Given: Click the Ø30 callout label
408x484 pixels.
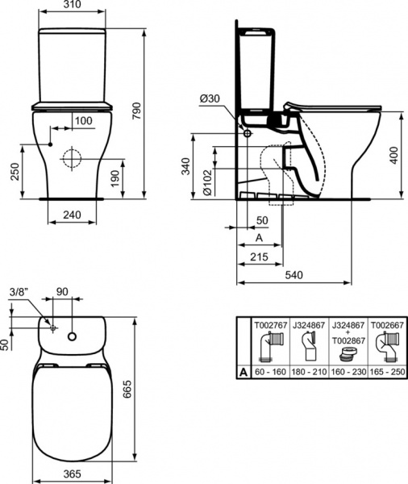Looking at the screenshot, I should [x=209, y=98].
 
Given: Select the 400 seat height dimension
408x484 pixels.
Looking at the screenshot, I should [x=393, y=155].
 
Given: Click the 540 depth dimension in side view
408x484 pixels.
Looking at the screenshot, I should [x=295, y=275].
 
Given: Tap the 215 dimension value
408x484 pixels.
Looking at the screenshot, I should [x=259, y=257].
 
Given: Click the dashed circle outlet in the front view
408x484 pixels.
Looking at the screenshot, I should [x=73, y=157].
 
